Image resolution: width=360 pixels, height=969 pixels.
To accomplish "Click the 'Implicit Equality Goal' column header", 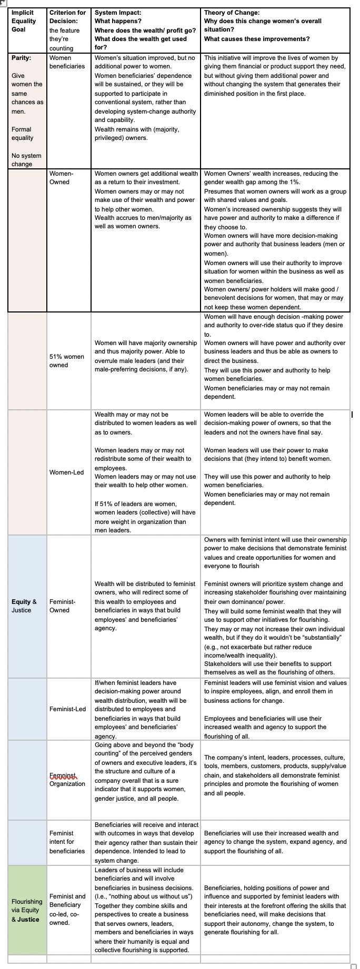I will point(24,21).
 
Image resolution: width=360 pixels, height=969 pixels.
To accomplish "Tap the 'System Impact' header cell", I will point(145,30).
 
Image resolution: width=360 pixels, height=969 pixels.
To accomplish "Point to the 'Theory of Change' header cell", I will point(263,25).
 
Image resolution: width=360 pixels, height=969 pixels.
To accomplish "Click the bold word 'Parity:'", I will point(21,58).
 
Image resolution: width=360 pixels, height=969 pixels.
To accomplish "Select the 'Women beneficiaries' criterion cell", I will point(67,62).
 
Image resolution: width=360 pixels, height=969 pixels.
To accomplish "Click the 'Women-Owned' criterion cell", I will point(62,178).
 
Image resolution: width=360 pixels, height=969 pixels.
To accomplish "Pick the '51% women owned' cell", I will point(67,361).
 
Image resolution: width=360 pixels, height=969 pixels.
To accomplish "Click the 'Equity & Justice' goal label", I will point(24,606).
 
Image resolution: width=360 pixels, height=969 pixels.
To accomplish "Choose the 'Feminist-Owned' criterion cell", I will point(62,606).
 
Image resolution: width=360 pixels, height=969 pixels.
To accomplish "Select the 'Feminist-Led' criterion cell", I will point(67,709).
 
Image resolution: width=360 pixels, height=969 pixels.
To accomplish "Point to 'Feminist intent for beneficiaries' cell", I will point(67,842).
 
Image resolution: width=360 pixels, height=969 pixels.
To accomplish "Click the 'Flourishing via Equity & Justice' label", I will point(26,911).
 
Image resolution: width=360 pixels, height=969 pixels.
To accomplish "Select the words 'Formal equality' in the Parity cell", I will point(22,134).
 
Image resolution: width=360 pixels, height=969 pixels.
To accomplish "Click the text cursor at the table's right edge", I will point(352,416).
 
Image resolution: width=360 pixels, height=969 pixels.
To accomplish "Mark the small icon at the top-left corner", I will point(3,3).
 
